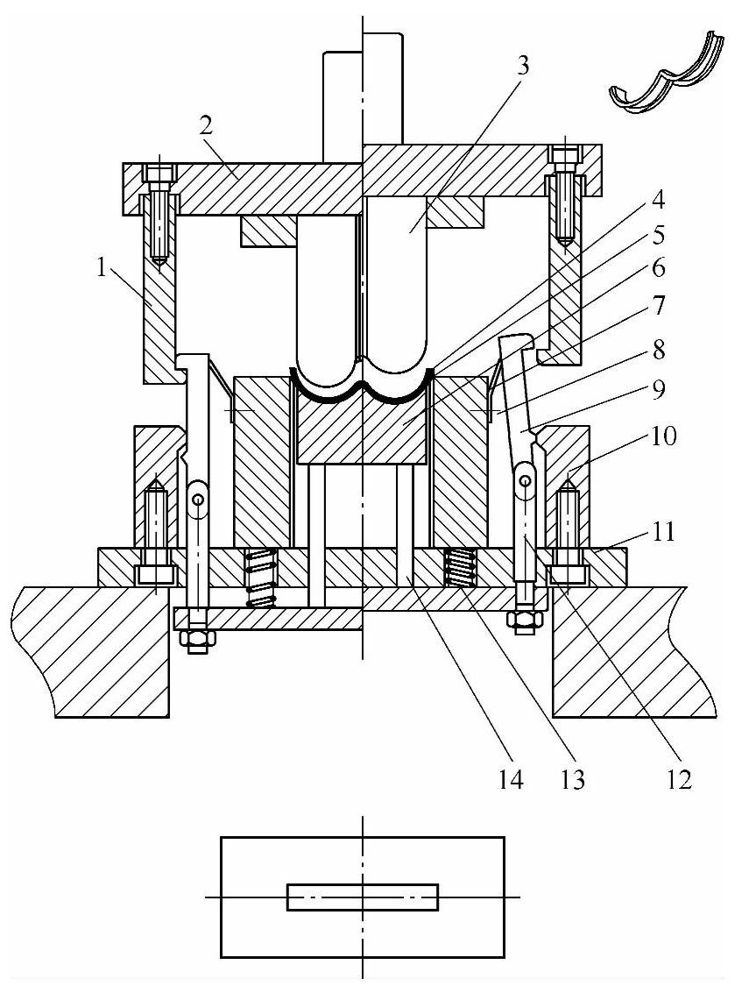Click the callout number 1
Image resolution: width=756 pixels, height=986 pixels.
101,268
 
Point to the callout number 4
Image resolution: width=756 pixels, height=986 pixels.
657,202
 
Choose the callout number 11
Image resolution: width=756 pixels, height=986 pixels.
661,531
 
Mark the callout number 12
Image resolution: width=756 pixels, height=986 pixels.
679,780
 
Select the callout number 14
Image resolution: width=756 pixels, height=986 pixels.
511,780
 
